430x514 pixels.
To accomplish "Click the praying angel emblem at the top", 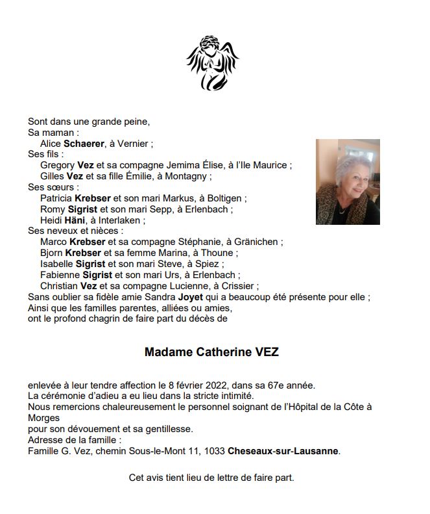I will [x=213, y=64].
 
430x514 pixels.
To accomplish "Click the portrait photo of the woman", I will [x=348, y=182].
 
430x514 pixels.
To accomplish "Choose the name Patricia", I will [x=56, y=198].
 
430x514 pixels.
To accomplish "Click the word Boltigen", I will [x=223, y=198].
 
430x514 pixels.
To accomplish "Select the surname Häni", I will [x=75, y=220].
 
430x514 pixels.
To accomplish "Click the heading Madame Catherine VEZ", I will [x=211, y=352].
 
